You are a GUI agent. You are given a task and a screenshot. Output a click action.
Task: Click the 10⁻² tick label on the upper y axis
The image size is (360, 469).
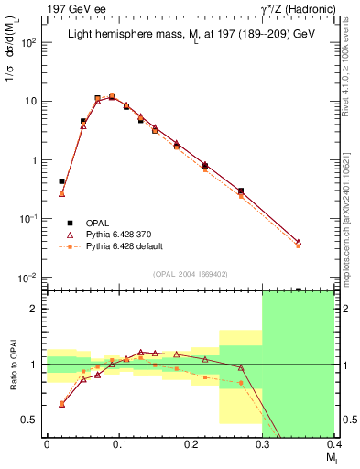click(x=27, y=278)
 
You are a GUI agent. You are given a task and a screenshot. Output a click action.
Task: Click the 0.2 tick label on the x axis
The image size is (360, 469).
click(x=191, y=444)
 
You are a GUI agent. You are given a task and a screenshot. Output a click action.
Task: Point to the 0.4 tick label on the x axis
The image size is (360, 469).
click(x=333, y=444)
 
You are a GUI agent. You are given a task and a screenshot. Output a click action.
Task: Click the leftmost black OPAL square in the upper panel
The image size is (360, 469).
click(x=61, y=181)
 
